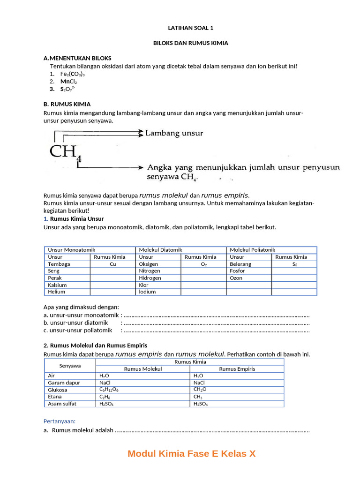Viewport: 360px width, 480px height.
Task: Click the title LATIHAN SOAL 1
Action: click(x=190, y=28)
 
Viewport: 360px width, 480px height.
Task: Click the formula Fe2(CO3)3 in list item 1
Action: click(x=72, y=74)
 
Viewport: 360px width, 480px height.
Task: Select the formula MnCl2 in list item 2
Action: click(x=68, y=82)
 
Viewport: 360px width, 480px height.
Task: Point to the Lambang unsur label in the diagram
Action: click(x=174, y=134)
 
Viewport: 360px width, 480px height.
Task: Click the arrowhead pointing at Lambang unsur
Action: click(x=140, y=134)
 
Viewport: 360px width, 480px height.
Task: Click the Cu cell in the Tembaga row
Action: click(x=112, y=264)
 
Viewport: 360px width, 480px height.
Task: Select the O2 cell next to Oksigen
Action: click(x=203, y=264)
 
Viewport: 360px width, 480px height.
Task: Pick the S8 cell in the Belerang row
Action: click(x=294, y=264)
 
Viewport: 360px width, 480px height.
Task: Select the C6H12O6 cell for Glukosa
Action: click(x=109, y=390)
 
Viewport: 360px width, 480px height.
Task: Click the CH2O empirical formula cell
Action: click(x=200, y=390)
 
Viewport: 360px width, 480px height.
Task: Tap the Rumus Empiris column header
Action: click(x=237, y=369)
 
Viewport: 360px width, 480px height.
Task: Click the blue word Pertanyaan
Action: click(x=60, y=421)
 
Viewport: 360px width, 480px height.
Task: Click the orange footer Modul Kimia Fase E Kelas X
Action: click(x=191, y=454)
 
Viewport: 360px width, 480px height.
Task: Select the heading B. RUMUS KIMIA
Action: click(x=67, y=104)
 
